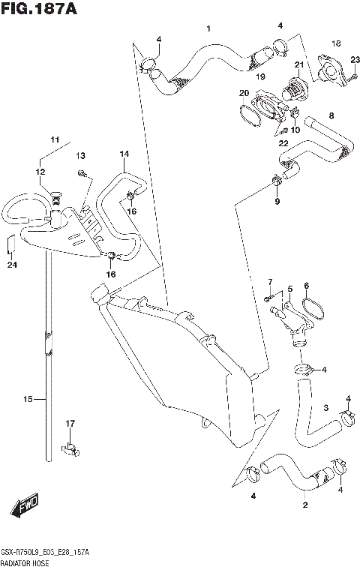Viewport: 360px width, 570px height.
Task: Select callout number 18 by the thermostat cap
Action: pos(315,43)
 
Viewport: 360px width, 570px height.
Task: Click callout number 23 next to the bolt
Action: pos(355,61)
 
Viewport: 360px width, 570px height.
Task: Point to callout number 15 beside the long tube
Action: pos(28,400)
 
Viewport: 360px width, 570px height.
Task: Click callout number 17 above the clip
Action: pos(70,424)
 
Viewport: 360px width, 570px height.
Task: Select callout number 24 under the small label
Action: pos(12,264)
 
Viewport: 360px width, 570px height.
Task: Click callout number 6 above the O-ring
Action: pos(306,285)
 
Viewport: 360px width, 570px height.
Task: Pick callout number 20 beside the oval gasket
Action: pos(244,93)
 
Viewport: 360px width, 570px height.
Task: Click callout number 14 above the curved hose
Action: pos(124,154)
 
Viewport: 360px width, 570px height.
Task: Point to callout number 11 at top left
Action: pos(54,139)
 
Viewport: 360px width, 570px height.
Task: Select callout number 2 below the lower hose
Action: pos(304,505)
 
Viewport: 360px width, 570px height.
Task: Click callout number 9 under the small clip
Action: pos(277,201)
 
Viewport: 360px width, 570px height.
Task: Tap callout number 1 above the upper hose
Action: pos(208,28)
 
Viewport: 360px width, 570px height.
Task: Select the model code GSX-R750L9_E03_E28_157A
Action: pos(45,552)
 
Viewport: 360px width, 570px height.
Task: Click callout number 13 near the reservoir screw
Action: pos(80,155)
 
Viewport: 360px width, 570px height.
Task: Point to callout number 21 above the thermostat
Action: pos(298,65)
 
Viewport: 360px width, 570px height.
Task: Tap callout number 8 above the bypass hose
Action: pos(331,115)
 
